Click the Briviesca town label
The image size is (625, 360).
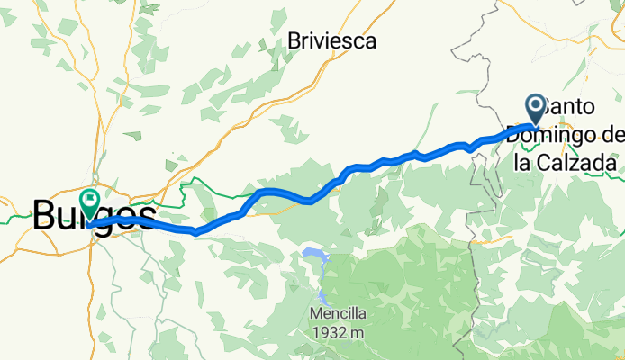tap(331, 40)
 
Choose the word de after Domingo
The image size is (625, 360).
tap(611, 135)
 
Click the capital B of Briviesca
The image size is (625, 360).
tap(294, 40)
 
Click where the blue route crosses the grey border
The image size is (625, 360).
tap(492, 138)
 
